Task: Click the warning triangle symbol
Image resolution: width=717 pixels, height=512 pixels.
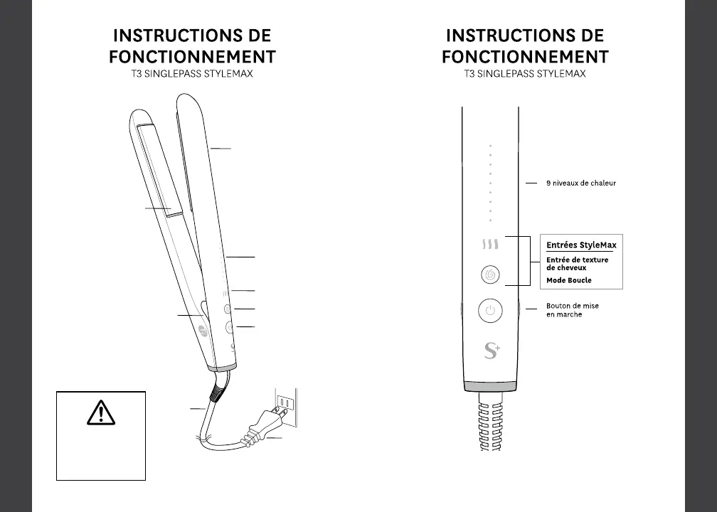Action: (101, 412)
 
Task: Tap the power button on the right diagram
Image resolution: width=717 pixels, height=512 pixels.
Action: (490, 311)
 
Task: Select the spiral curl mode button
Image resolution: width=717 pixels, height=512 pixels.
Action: (490, 274)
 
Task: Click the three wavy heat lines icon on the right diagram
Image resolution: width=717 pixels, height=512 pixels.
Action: (489, 245)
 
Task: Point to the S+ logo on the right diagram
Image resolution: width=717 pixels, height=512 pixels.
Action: (491, 351)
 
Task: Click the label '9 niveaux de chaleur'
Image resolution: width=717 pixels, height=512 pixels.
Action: (580, 183)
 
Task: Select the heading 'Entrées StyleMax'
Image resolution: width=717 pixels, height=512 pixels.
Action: (581, 245)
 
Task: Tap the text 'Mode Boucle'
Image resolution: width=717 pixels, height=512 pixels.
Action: (569, 280)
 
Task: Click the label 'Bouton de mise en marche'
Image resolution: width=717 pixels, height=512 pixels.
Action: (573, 310)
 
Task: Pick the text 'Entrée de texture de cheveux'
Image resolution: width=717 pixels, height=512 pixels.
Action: (577, 264)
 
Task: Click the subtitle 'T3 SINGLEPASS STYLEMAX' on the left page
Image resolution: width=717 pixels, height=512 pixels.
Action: (192, 73)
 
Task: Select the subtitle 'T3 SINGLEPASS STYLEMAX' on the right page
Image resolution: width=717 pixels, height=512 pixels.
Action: (525, 73)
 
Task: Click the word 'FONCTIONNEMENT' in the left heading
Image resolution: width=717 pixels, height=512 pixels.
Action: (192, 56)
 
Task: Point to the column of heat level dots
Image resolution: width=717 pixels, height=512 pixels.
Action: (490, 183)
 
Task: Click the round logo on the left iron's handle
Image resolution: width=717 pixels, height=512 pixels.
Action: (203, 331)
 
